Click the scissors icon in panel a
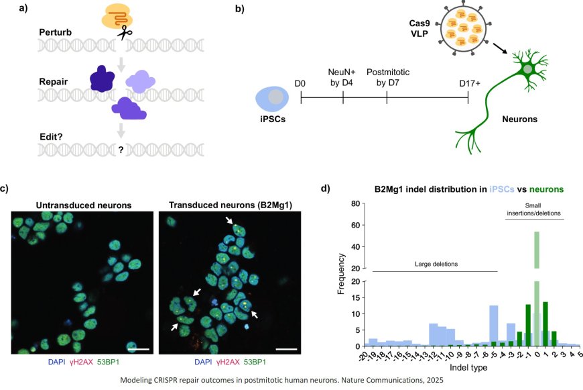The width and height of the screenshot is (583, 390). pos(124,32)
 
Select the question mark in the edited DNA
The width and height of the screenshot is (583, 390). pos(121,150)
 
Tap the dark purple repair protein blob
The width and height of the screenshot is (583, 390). pos(104,80)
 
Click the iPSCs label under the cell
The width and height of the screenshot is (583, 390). pos(271,121)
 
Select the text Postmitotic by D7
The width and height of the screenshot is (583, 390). pos(387,77)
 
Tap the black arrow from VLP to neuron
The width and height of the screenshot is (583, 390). pos(498,48)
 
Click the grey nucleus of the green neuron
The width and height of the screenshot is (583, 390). pos(529,69)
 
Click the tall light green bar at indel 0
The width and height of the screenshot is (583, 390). pos(537,269)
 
